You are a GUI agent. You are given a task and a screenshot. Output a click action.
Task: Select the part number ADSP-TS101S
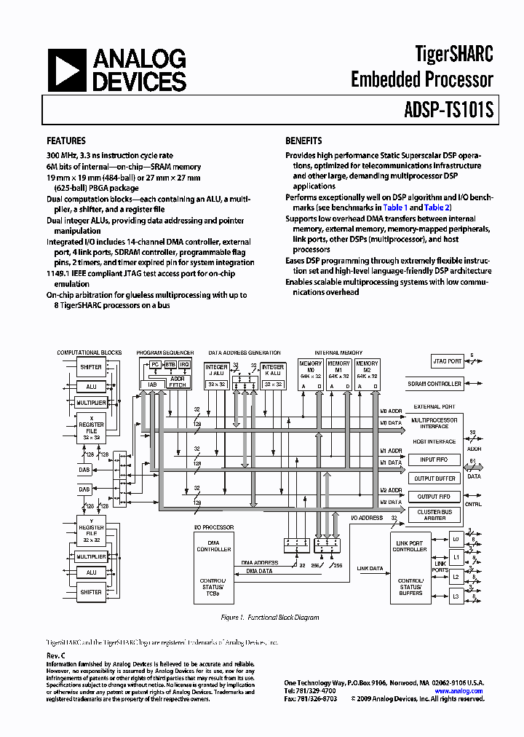coord(448,111)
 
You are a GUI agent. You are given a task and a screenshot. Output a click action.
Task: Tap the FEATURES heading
coord(66,141)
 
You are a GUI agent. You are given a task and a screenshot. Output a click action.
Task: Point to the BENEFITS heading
coord(303,141)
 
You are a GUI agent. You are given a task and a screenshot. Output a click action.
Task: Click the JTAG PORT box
coord(447,361)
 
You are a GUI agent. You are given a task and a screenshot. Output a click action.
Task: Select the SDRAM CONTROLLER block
coord(434,384)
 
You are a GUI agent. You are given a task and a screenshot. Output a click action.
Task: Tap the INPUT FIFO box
coord(434,460)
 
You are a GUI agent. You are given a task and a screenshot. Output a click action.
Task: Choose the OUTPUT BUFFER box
coord(434,478)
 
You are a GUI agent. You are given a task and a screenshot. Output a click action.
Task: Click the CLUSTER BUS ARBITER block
coord(434,515)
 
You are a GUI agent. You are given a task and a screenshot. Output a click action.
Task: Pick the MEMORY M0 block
coord(310,374)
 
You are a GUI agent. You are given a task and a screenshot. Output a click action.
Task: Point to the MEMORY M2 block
coord(367,374)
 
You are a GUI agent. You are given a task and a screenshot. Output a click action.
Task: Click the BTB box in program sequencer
coord(170,364)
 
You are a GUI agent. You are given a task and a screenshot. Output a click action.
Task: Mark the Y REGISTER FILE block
coord(91,530)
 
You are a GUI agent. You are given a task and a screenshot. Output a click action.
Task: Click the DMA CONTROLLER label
coord(214,546)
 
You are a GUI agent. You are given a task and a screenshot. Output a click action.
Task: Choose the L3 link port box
coord(456,596)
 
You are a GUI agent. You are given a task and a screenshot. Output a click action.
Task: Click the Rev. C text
coord(56,655)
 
